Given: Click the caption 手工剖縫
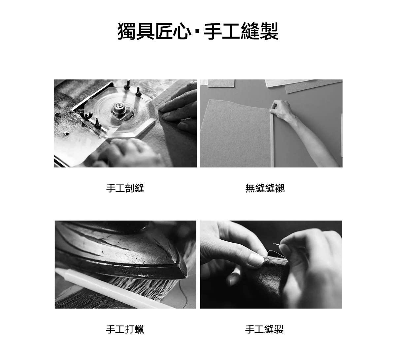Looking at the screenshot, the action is pos(125,188).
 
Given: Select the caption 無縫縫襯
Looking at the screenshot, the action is pos(265,188).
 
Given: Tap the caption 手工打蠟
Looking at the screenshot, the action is pos(125,329).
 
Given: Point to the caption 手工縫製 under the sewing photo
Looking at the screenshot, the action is pos(264,329).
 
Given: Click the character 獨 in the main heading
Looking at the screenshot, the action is pos(126,31).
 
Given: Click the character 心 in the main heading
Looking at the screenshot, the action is pos(182,31).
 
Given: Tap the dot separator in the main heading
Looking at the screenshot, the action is pos(198,32).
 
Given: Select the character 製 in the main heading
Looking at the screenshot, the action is pos(269,31).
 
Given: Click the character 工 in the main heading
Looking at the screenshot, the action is pos(231,31).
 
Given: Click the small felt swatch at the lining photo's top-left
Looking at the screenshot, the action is pos(221,83).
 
